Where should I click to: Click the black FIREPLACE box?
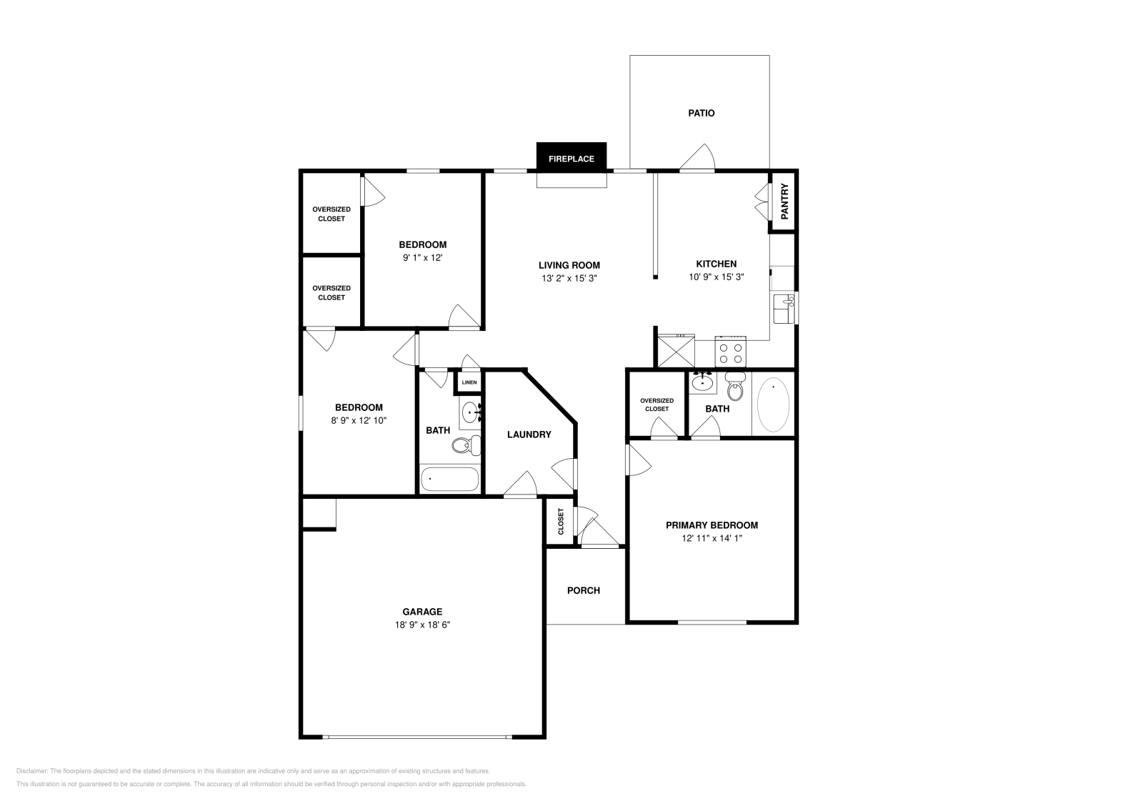(x=571, y=157)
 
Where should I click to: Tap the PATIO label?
(x=701, y=114)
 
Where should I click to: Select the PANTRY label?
(x=785, y=201)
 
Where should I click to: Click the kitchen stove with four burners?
(x=730, y=351)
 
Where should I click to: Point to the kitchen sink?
(x=784, y=309)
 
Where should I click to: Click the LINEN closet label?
(x=469, y=382)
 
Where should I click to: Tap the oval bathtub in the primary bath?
(x=773, y=404)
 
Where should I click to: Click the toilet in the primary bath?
(x=735, y=386)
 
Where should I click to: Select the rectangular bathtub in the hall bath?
(x=449, y=480)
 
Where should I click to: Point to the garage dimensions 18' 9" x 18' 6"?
(x=422, y=625)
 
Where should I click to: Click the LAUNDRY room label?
(x=529, y=435)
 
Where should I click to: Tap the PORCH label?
(x=584, y=590)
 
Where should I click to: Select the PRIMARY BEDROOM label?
(x=712, y=525)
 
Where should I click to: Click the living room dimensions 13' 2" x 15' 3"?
(x=569, y=278)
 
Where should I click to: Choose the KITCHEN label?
(x=717, y=264)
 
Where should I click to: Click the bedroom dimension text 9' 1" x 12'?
(x=422, y=258)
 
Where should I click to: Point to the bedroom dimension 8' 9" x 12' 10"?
(x=359, y=420)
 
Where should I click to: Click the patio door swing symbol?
(x=697, y=157)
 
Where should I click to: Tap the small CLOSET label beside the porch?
(x=561, y=521)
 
